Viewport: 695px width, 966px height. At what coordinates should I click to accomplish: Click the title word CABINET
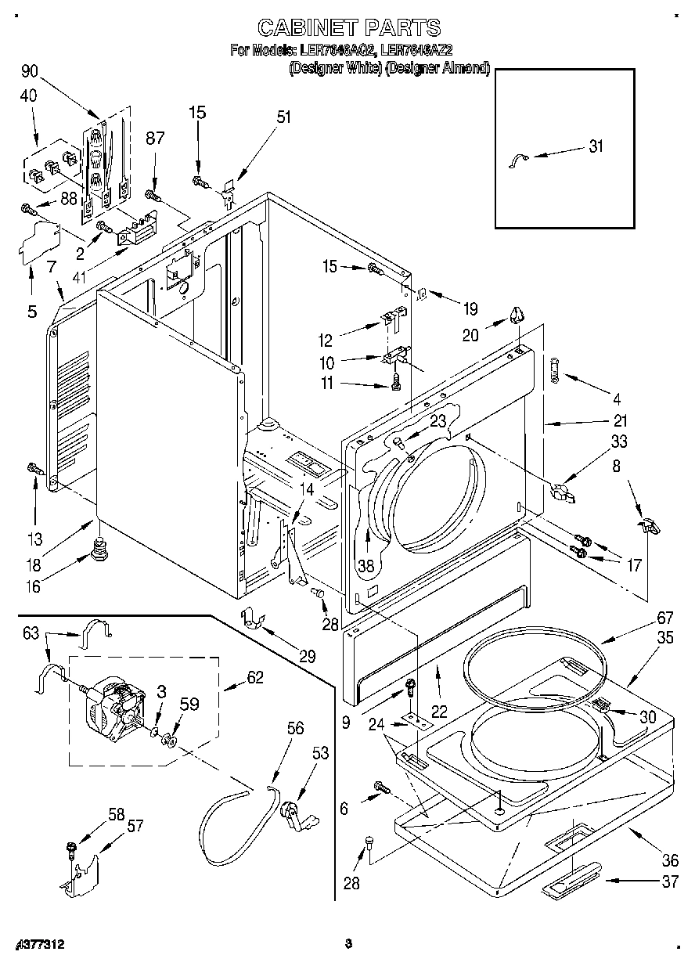tap(301, 29)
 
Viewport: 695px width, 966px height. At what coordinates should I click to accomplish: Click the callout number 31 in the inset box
tap(596, 146)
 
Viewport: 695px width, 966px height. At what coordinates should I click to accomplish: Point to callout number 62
tap(255, 677)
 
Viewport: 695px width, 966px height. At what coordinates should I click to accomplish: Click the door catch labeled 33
tap(562, 493)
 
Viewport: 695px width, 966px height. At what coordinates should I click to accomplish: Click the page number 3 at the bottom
tap(348, 943)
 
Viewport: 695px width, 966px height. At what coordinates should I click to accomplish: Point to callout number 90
tap(30, 71)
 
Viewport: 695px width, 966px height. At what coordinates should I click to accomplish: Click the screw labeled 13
tap(34, 469)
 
